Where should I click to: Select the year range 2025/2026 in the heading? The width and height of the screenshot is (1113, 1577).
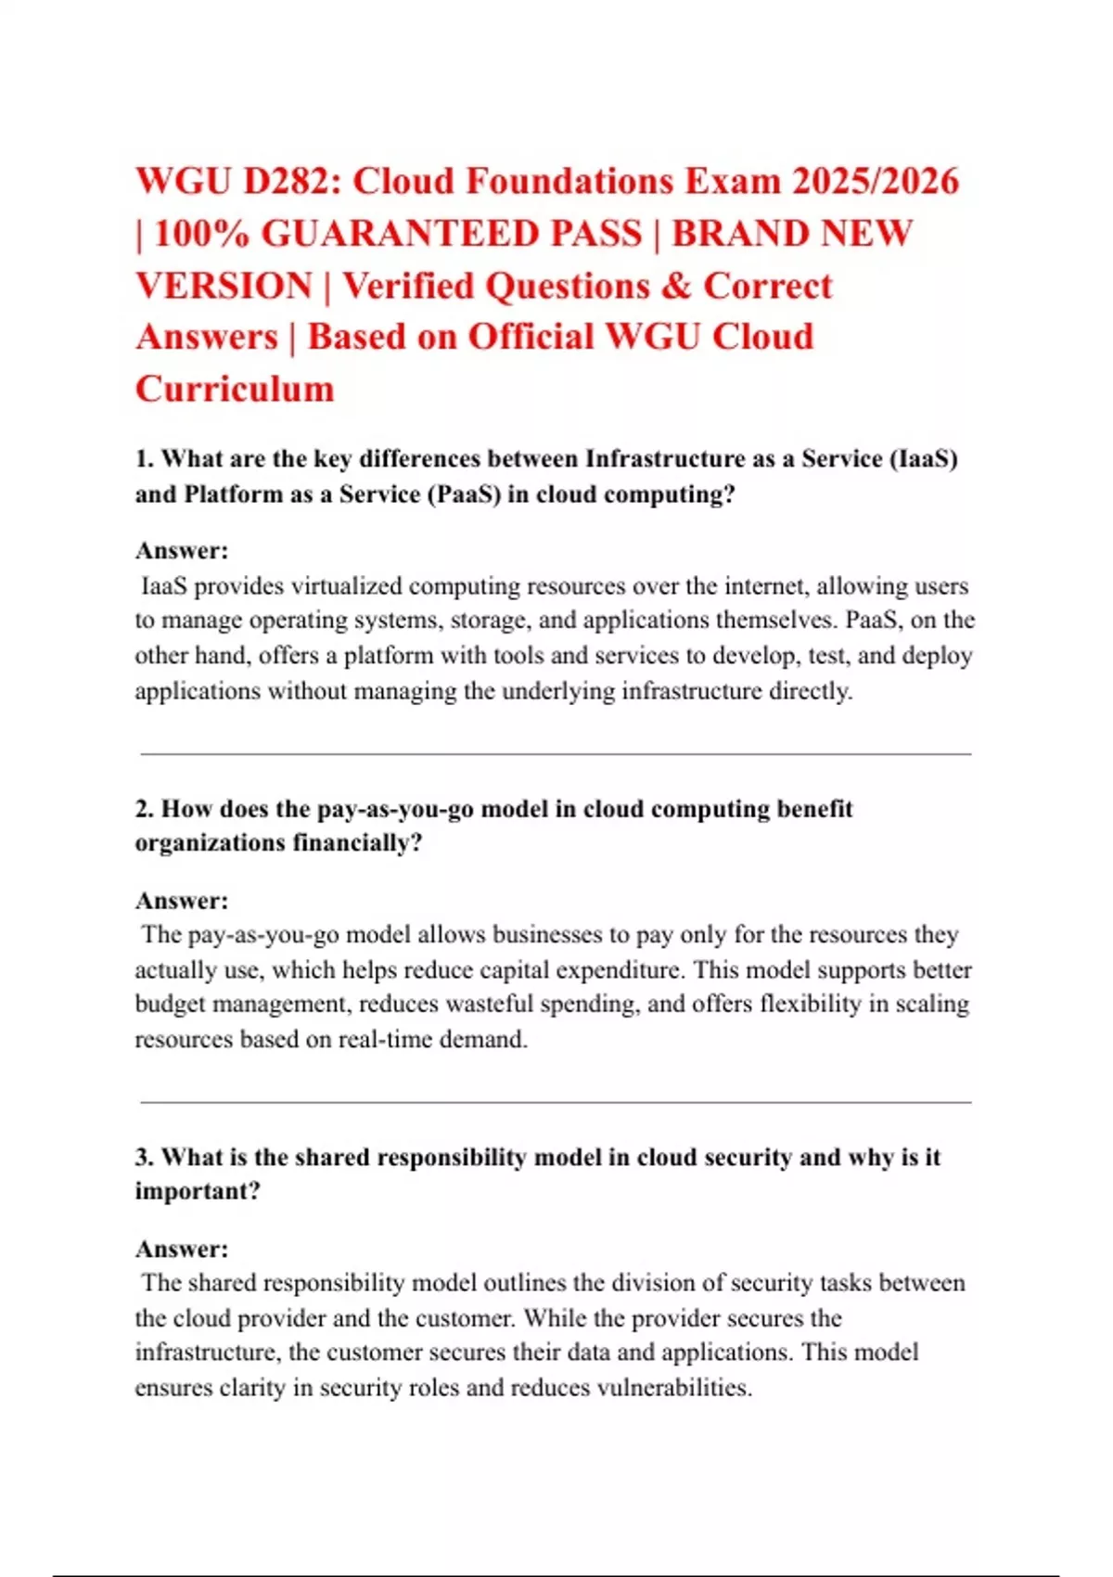[x=875, y=181]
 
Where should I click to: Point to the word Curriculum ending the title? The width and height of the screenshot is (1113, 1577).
[x=235, y=388]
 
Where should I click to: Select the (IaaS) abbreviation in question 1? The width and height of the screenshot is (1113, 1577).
[x=923, y=458]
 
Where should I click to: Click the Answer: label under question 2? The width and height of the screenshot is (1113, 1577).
[x=182, y=900]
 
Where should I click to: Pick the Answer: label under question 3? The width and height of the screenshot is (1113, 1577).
[x=182, y=1249]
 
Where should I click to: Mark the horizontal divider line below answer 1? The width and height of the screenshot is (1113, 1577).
[x=556, y=754]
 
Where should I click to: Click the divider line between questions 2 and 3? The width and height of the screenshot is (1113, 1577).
[x=556, y=1102]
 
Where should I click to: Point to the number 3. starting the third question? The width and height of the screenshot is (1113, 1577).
[x=144, y=1157]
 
